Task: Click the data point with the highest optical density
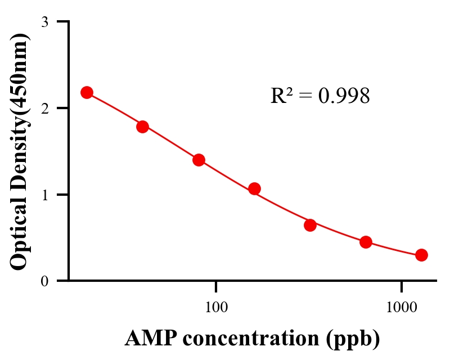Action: (x=87, y=92)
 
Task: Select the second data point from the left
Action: (x=142, y=127)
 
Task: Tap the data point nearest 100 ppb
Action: (x=199, y=160)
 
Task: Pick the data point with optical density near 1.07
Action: (x=254, y=188)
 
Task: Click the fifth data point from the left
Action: (x=310, y=225)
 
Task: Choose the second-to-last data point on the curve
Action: (x=366, y=242)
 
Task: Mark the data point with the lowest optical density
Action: (x=421, y=255)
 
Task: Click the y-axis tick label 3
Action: (x=45, y=22)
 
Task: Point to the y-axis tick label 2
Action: (x=45, y=108)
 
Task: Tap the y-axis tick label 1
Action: (x=45, y=195)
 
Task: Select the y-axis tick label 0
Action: (x=45, y=281)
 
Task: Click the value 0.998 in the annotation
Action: (x=344, y=96)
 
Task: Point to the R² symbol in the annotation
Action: (x=281, y=96)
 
